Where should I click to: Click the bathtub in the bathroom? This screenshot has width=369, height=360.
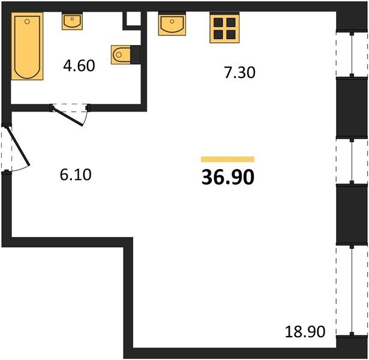27,46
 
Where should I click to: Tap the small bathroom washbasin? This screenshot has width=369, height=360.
72,22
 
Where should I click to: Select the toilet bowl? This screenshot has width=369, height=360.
121,55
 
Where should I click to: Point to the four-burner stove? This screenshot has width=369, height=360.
224,28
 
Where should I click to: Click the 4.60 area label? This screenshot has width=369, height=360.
79,65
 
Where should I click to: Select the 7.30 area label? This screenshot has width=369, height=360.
239,73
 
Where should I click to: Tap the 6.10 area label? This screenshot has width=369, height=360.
76,175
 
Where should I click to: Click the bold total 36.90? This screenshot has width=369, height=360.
228,177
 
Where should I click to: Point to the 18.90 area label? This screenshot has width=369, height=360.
305,332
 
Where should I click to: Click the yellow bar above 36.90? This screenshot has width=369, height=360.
227,159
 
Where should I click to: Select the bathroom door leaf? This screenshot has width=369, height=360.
68,116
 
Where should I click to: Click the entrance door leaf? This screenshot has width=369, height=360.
18,146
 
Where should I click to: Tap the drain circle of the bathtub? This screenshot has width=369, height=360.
27,22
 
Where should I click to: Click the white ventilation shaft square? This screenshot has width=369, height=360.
134,19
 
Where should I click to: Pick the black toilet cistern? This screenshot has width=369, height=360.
136,55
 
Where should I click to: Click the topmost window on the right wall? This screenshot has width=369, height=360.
352,55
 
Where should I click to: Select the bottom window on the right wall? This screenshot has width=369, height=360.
352,290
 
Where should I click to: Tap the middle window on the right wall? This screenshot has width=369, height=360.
352,161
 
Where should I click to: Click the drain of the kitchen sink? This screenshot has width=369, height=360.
172,22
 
